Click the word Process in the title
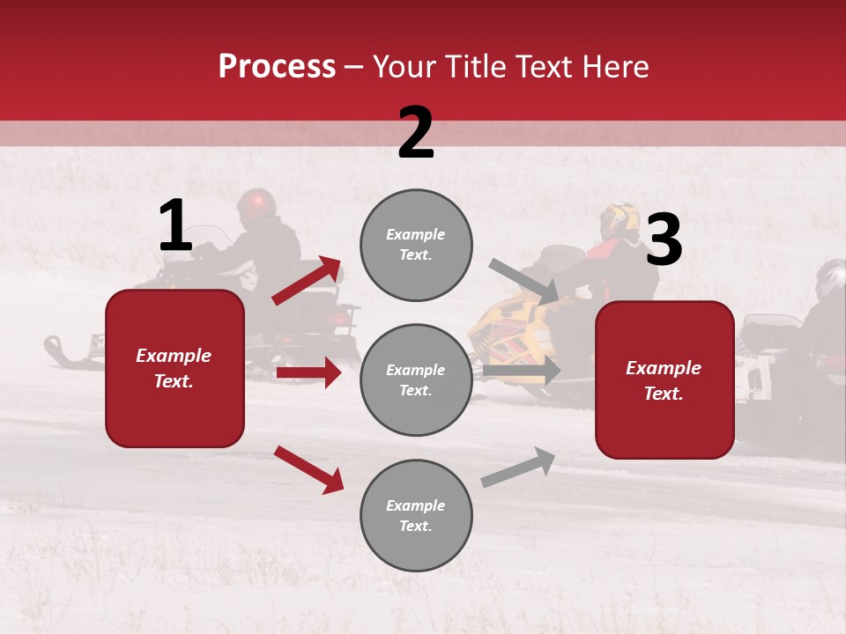pyautogui.click(x=277, y=67)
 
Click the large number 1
pyautogui.click(x=175, y=227)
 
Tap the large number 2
pyautogui.click(x=416, y=133)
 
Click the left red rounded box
pyautogui.click(x=174, y=368)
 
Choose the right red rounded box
pyautogui.click(x=664, y=380)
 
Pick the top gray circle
pyautogui.click(x=416, y=245)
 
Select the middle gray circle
pyautogui.click(x=416, y=380)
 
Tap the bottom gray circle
pyautogui.click(x=416, y=515)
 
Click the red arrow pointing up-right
pyautogui.click(x=306, y=281)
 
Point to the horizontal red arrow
pyautogui.click(x=308, y=372)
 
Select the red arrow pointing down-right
pyautogui.click(x=308, y=469)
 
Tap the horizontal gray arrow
pyautogui.click(x=522, y=371)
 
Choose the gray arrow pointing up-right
pyautogui.click(x=518, y=467)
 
